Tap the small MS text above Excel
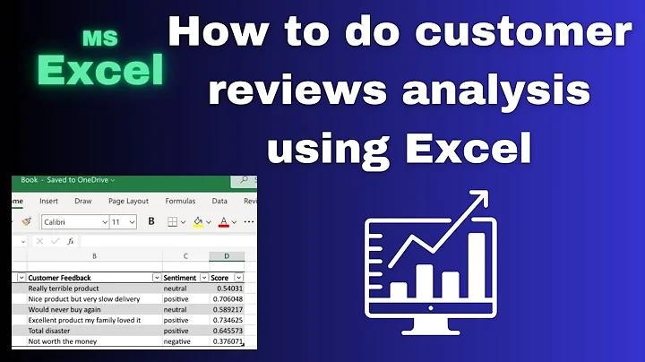tap(99, 38)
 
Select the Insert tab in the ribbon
tap(48, 202)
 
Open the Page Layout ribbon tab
tap(128, 202)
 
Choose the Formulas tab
tap(180, 202)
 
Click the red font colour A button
tap(224, 221)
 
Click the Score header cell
tap(220, 278)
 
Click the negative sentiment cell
tap(177, 341)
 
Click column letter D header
tap(227, 257)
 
